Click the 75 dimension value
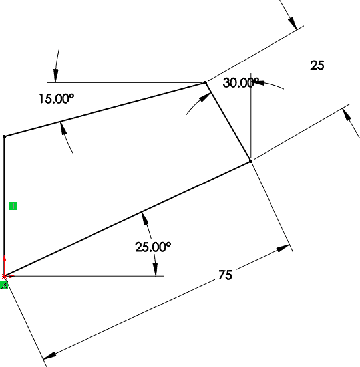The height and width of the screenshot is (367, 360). tap(225, 275)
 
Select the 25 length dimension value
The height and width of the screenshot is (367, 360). tap(317, 65)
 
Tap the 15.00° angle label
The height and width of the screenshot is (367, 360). tap(56, 98)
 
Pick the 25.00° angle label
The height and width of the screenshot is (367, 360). tap(153, 247)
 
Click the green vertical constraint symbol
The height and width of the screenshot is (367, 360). tap(13, 206)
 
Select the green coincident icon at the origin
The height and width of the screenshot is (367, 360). tap(4, 285)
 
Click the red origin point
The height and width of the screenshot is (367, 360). tap(4, 276)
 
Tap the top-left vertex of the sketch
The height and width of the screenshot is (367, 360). tap(4, 136)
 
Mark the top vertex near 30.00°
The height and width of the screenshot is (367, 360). tap(206, 82)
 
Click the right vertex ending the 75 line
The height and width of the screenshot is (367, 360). tap(251, 161)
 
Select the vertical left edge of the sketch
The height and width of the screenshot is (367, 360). tap(4, 206)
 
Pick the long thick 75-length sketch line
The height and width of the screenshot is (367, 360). tap(127, 219)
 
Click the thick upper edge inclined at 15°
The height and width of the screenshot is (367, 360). tap(104, 110)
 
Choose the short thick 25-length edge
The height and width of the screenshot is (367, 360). tap(228, 122)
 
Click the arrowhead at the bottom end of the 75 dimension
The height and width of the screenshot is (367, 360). tap(50, 356)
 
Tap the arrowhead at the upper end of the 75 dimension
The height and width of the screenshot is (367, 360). tap(283, 248)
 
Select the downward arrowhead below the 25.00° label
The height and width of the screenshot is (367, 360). tap(155, 269)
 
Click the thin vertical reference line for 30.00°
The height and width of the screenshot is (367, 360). tap(251, 117)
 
